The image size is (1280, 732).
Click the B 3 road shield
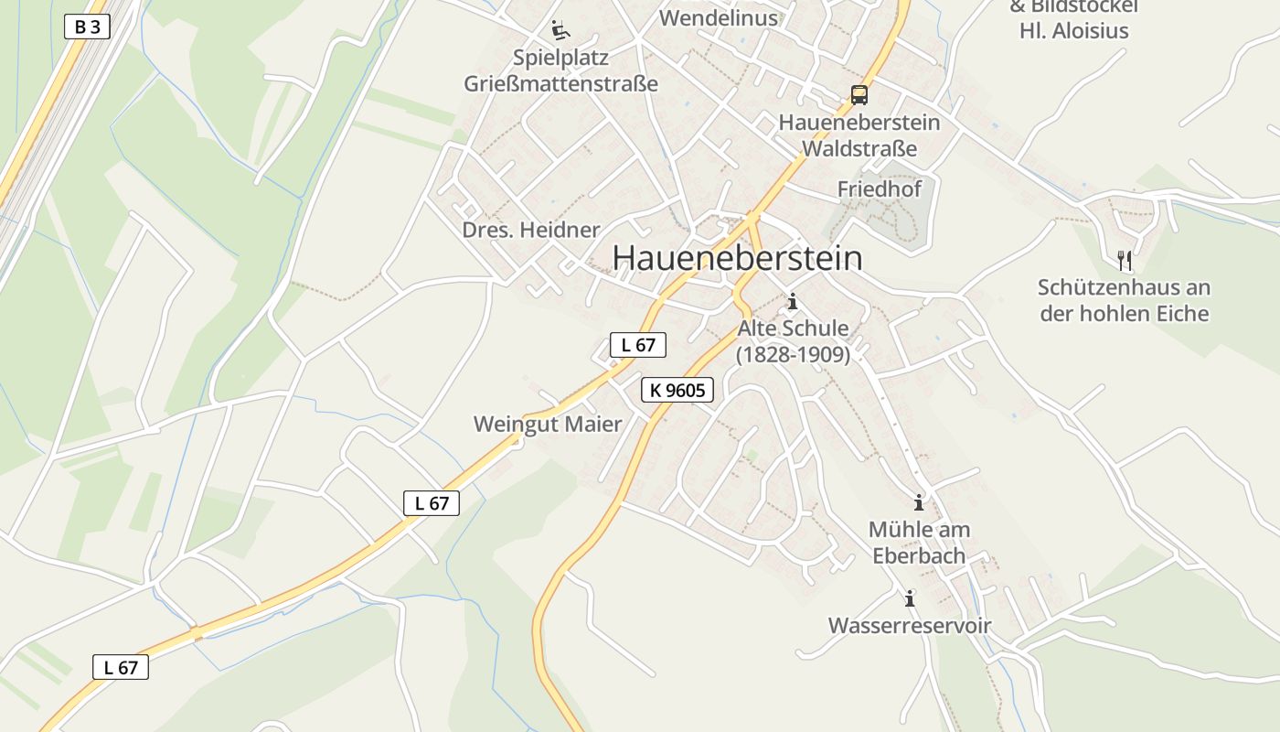pyautogui.click(x=87, y=27)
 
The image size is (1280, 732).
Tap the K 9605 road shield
pyautogui.click(x=677, y=391)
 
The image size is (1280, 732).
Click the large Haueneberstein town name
pyautogui.click(x=737, y=258)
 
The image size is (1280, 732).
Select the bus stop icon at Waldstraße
pyautogui.click(x=859, y=94)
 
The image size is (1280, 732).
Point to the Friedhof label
pyautogui.click(x=880, y=189)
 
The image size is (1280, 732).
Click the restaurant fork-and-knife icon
pyautogui.click(x=1125, y=261)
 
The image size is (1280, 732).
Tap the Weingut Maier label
pyautogui.click(x=547, y=425)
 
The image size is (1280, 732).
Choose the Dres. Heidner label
pyautogui.click(x=531, y=230)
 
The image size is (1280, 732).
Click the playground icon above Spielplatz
pyautogui.click(x=560, y=30)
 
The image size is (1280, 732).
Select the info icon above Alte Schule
pyautogui.click(x=793, y=301)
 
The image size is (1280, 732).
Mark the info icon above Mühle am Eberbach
pyautogui.click(x=919, y=502)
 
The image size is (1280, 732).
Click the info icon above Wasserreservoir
pyautogui.click(x=910, y=599)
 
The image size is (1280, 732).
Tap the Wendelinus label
pyautogui.click(x=718, y=18)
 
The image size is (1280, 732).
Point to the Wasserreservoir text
pyautogui.click(x=910, y=626)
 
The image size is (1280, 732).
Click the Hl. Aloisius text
pyautogui.click(x=1074, y=31)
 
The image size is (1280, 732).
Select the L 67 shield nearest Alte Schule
pyautogui.click(x=637, y=345)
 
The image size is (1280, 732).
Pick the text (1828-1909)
pyautogui.click(x=793, y=354)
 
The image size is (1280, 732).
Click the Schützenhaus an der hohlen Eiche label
pyautogui.click(x=1124, y=301)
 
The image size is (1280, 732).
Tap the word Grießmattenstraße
pyautogui.click(x=560, y=84)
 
